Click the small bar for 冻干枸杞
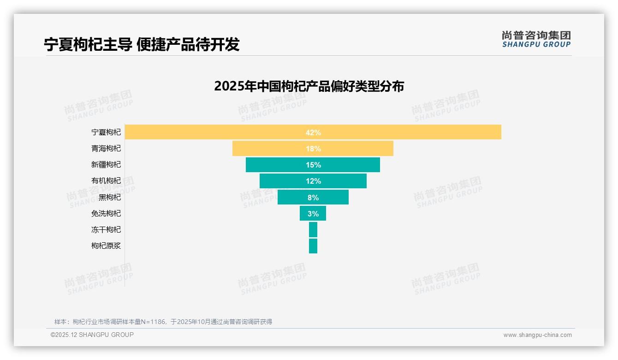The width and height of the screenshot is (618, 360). click(x=313, y=229)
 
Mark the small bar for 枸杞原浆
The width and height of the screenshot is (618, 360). click(x=313, y=246)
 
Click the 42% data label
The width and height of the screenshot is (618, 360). click(x=313, y=132)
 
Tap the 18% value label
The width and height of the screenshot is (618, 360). click(x=313, y=149)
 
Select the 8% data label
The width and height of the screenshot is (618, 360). click(x=313, y=198)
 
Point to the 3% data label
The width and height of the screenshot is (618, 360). click(x=313, y=214)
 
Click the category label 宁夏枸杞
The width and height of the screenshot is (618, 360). click(x=106, y=132)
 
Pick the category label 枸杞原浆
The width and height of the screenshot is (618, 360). click(x=106, y=246)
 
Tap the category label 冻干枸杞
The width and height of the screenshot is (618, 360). click(x=106, y=229)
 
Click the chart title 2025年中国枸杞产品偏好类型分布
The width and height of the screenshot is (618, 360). click(x=309, y=86)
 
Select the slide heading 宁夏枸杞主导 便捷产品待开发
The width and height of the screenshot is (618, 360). click(x=142, y=44)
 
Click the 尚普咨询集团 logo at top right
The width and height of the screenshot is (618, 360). click(x=536, y=39)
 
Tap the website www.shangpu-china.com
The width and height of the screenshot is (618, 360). click(x=537, y=335)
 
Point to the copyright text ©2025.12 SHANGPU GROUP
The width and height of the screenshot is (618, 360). click(x=92, y=335)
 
